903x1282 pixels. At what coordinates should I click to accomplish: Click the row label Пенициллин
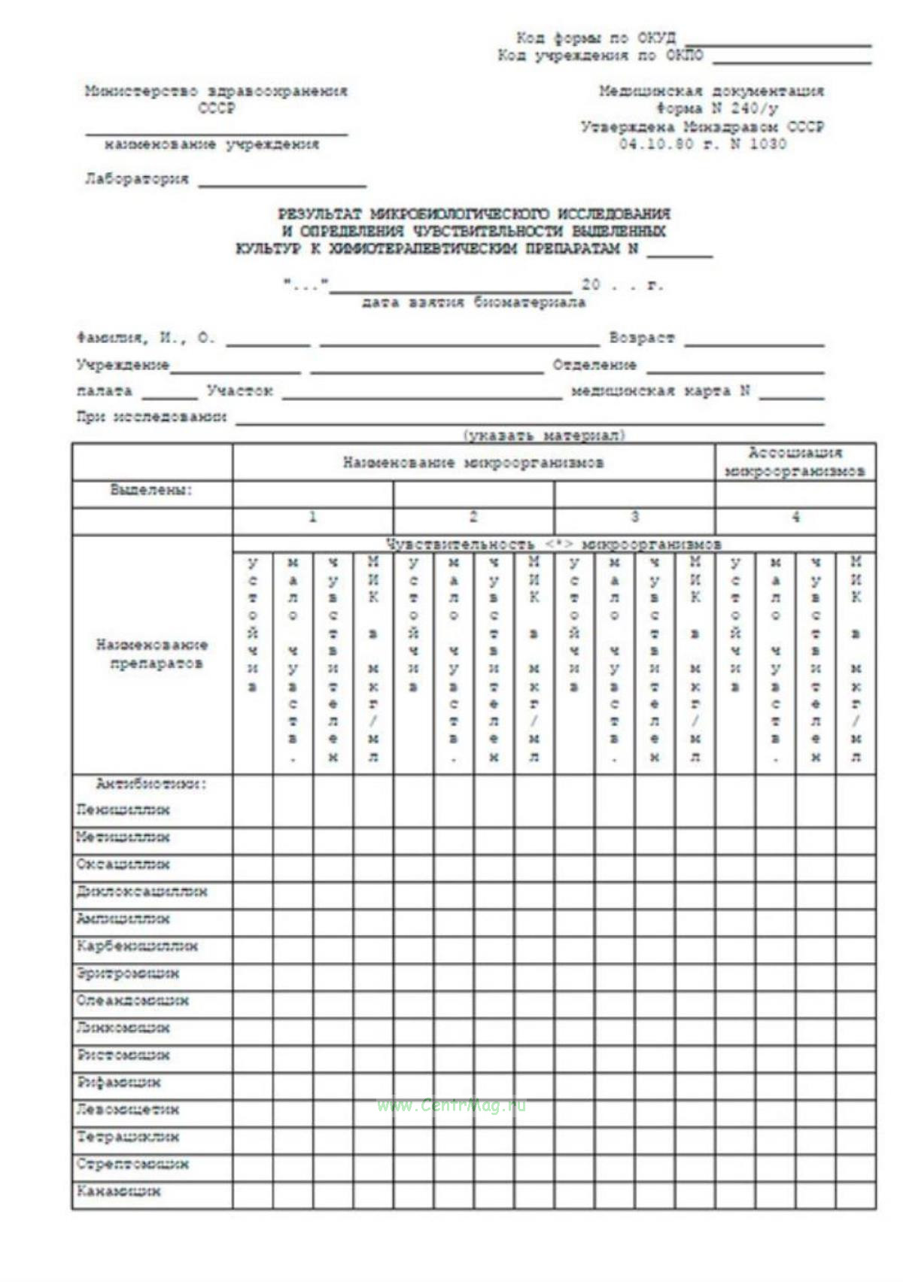click(123, 810)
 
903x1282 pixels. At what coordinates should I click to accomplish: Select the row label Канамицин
click(119, 1192)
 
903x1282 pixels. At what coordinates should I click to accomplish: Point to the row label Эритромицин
click(128, 974)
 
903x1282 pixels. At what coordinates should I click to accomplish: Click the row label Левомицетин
click(128, 1110)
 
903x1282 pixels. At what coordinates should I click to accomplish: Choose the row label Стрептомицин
click(132, 1165)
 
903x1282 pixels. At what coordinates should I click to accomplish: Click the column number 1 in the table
click(312, 517)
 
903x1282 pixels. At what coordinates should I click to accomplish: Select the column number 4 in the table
click(795, 517)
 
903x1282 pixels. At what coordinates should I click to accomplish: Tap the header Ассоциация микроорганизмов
click(795, 462)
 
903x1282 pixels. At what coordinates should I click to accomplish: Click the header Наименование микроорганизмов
click(473, 463)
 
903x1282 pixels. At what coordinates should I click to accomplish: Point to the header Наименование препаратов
click(152, 654)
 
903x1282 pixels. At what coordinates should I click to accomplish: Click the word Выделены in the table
click(151, 490)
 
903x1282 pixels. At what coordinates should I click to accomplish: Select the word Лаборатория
click(137, 179)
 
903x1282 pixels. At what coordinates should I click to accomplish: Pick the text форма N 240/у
click(716, 108)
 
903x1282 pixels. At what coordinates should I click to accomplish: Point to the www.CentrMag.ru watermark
click(451, 1105)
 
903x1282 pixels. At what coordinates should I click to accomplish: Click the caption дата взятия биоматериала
click(473, 302)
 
